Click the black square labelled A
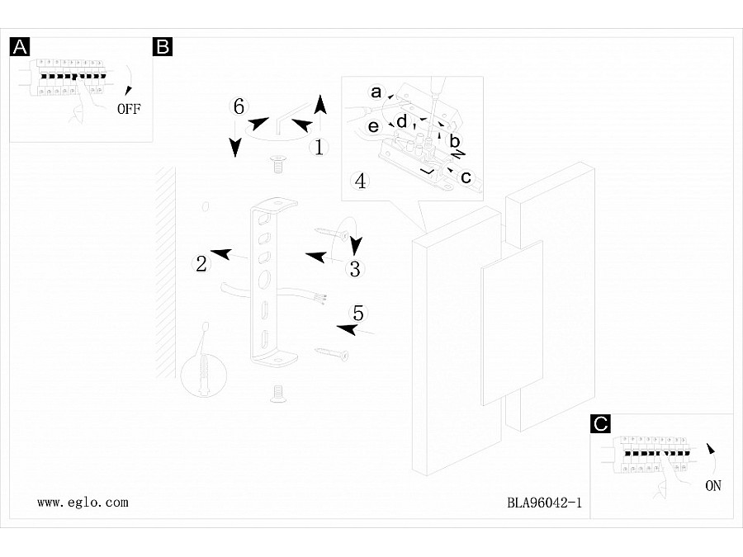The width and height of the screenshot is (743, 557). pos(20,47)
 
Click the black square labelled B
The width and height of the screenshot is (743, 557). pos(163,47)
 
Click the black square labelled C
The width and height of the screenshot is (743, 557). pos(602,424)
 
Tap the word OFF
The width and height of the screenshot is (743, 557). pos(129,108)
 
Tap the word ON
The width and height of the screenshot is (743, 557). pos(713,486)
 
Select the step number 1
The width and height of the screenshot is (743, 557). pos(319,148)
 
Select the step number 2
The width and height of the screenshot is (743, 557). pos(201,264)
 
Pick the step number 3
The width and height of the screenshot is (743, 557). pos(355,268)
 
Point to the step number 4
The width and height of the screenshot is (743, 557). pos(360,181)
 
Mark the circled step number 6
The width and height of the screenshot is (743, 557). pos(239,106)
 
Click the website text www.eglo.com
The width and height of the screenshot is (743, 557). pos(83,502)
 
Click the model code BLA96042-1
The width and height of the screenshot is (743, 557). pos(545,502)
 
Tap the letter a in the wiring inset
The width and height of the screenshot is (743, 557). pos(376,92)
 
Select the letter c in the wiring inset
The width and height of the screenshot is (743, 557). pos(466,177)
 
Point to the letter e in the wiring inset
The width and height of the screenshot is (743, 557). pos(373,126)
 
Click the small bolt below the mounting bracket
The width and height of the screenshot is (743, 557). pos(278,393)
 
